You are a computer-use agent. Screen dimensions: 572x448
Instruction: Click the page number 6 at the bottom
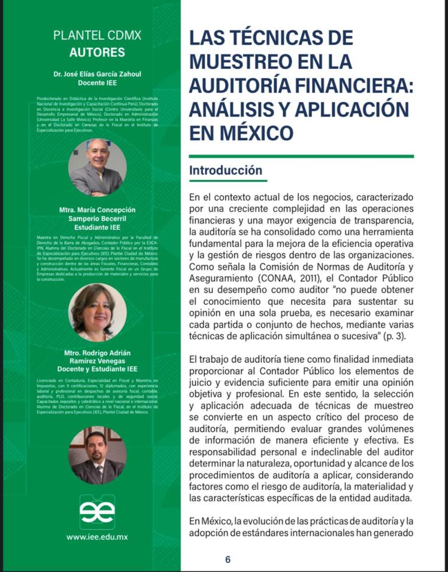227,559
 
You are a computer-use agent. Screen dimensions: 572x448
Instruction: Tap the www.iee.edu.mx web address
97,536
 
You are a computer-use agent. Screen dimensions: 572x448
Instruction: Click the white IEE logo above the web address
97,511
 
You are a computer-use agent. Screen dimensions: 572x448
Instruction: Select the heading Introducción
225,170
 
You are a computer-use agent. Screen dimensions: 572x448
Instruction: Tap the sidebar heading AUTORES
97,53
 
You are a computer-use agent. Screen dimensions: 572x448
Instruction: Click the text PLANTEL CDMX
97,36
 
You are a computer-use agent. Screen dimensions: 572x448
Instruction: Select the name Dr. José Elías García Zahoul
97,73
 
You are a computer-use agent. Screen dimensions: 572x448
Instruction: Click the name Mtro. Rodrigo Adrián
97,352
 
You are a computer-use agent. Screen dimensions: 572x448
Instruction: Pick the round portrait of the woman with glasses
97,312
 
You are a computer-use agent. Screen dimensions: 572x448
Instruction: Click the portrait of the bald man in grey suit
97,167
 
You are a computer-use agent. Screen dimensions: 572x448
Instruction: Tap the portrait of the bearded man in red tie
97,455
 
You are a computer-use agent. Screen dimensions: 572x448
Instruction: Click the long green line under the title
301,156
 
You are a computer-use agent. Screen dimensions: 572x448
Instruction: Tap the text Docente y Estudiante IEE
97,369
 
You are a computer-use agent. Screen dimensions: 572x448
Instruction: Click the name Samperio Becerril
97,218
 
